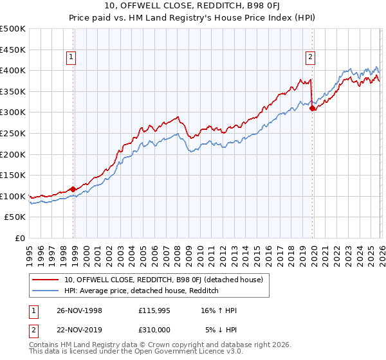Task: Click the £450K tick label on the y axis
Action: coord(13,50)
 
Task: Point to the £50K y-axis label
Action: coord(15,217)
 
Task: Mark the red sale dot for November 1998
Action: coord(73,189)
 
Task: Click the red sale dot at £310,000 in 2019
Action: coord(313,109)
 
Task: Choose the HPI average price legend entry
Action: coord(142,291)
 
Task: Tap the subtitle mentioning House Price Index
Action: coord(193,19)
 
